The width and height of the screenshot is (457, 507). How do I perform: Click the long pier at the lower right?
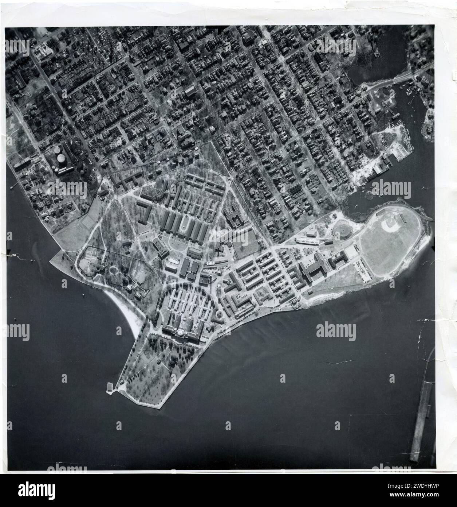click(423, 420)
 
